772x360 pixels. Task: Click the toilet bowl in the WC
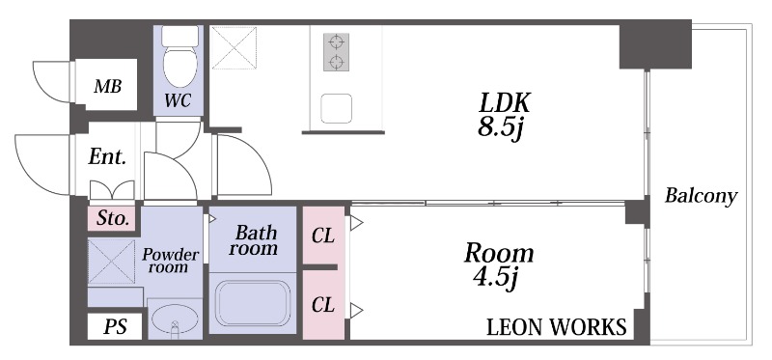point(180,67)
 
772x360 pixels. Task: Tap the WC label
point(179,101)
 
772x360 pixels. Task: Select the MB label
point(108,87)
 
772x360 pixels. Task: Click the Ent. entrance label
point(107,157)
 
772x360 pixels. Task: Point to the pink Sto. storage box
point(112,218)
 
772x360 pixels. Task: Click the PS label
point(116,326)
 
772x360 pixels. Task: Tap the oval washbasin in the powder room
point(175,318)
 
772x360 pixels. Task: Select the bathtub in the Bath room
point(253,303)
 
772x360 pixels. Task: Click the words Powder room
point(171,261)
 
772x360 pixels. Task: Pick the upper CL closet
point(323,235)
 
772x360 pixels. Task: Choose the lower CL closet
point(323,305)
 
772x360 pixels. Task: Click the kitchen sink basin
point(336,108)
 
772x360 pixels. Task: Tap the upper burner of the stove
point(336,42)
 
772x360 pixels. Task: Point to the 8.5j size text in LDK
point(499,127)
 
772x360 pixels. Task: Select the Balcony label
point(702,196)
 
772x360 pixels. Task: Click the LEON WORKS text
point(557,327)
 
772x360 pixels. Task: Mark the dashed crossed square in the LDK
point(234,47)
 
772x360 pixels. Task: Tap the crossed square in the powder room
point(111,262)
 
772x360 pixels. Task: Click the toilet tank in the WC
point(180,36)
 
